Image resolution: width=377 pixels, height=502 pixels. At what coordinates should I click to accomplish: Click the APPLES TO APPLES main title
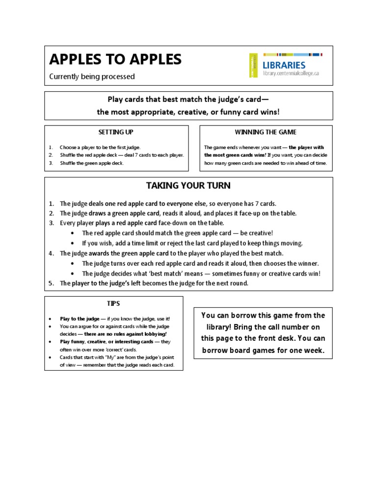pos(115,59)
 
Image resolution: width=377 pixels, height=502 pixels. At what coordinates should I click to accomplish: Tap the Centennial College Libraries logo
pos(285,65)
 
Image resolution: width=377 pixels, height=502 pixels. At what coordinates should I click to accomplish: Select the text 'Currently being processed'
pos(92,76)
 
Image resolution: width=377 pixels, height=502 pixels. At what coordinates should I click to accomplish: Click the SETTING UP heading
pos(116,132)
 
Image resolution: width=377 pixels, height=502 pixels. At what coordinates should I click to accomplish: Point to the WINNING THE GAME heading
pos(266,132)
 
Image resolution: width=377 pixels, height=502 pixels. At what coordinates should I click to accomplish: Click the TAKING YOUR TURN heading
pos(188,186)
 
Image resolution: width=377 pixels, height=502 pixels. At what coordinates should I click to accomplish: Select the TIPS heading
pos(113,303)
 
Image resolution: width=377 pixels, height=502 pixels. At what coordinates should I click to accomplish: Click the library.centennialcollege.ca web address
pos(291,73)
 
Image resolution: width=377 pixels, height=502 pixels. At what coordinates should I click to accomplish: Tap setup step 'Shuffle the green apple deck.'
pos(92,163)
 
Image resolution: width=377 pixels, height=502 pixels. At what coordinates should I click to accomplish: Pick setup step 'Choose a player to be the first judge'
pos(100,147)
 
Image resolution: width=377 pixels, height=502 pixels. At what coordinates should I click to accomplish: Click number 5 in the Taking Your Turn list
pos(51,283)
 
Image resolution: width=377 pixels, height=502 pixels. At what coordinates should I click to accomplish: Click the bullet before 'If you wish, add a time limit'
pos(73,244)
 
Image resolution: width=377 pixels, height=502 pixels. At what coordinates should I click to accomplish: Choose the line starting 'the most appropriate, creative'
pos(188,112)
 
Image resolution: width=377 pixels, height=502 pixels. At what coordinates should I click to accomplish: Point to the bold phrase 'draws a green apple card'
pos(124,213)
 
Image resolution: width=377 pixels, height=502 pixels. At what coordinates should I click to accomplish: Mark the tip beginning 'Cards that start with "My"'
pos(116,357)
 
